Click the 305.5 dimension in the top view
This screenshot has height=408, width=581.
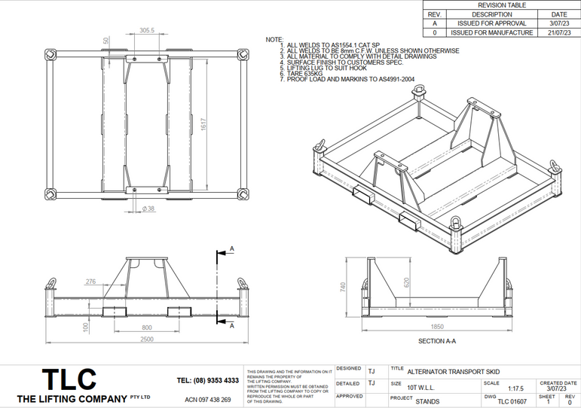(147, 31)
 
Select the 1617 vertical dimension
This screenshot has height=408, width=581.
(203, 124)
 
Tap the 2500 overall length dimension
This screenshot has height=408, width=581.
(147, 339)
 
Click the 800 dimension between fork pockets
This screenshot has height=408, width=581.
(147, 327)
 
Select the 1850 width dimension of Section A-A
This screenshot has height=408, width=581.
(436, 327)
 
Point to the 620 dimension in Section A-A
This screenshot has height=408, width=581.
(406, 282)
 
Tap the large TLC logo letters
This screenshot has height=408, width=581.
(69, 379)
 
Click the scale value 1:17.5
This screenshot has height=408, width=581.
(515, 389)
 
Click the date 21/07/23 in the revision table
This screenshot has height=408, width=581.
(559, 32)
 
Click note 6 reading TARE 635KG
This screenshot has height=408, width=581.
(304, 74)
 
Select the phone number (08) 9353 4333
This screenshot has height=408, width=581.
(207, 380)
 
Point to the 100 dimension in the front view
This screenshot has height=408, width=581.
(85, 327)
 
